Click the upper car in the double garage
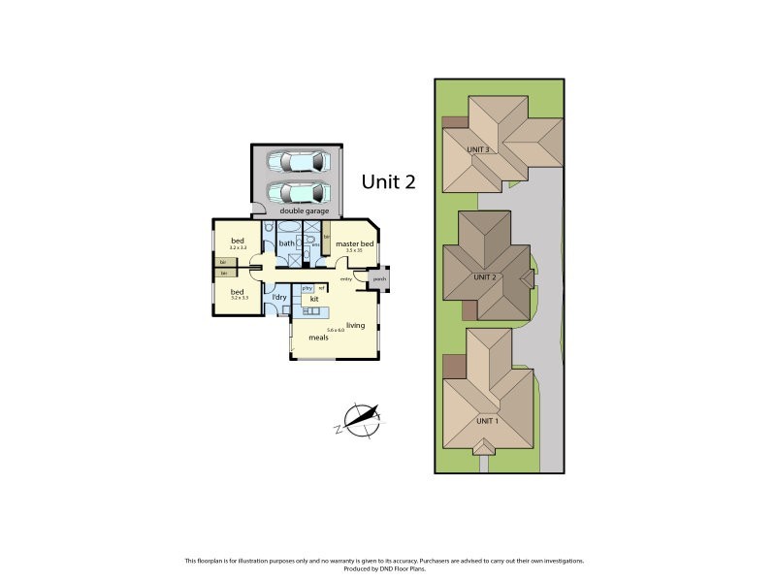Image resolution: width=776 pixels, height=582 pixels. point(297,162)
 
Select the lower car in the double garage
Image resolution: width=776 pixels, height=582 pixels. point(297,191)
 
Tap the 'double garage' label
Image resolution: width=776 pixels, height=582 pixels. point(304,210)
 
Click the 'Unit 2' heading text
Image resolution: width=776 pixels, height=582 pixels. point(388,180)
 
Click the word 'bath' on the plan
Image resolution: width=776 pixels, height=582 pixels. point(287,243)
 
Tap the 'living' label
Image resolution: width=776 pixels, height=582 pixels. point(355,325)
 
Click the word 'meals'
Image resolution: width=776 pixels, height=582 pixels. point(318,339)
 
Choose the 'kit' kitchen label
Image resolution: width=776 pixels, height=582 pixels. point(314,300)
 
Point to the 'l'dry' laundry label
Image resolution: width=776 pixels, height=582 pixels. point(278,296)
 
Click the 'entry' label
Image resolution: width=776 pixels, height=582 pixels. point(345,279)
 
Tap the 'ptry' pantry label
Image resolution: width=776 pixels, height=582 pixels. point(307,288)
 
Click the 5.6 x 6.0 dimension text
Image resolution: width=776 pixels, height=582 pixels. point(336,331)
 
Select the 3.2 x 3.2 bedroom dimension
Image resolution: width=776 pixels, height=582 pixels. point(238,248)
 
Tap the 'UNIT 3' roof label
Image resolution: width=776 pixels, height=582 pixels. point(477,149)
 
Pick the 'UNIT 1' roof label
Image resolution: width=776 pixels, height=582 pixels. point(486,421)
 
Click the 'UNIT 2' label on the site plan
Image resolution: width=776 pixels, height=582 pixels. point(485,276)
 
